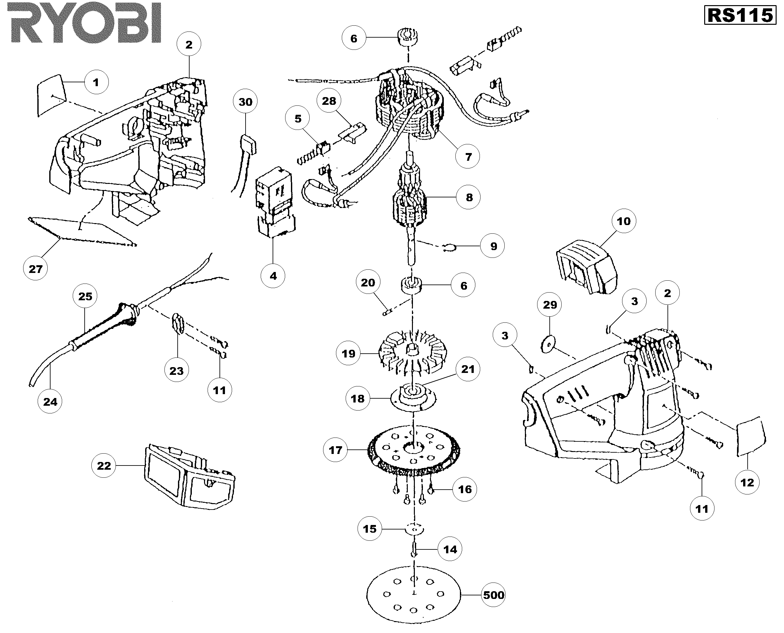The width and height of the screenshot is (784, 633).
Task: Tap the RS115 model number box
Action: click(x=740, y=16)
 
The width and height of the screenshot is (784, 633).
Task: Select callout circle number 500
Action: click(x=493, y=595)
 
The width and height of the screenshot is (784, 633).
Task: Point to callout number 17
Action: click(x=335, y=450)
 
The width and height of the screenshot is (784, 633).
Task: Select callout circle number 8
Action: click(x=469, y=197)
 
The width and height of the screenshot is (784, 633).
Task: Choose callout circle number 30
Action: click(x=245, y=102)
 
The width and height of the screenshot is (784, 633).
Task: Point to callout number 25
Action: click(x=85, y=296)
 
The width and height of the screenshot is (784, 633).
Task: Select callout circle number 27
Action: click(x=35, y=269)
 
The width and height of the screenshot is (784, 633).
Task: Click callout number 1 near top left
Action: click(x=96, y=82)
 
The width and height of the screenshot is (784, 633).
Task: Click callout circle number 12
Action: click(x=747, y=483)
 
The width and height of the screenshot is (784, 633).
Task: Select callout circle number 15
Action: click(x=369, y=529)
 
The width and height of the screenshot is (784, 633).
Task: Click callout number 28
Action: click(x=329, y=101)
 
